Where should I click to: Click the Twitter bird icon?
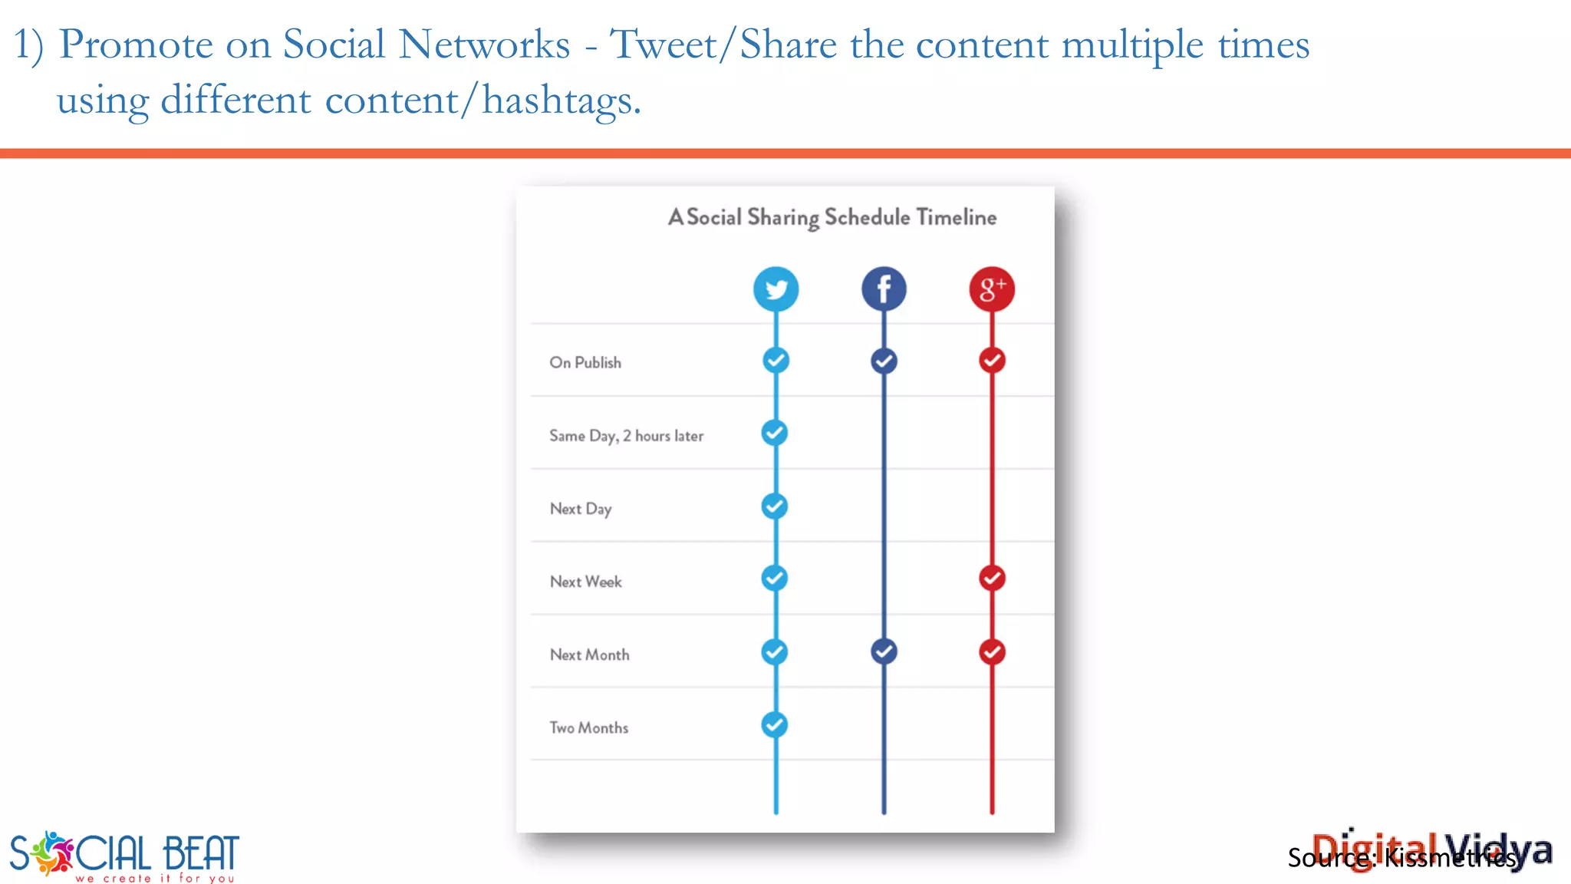pos(776,289)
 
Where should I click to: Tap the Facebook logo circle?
pos(884,289)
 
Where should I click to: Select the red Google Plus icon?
pos(992,289)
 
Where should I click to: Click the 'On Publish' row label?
pos(585,362)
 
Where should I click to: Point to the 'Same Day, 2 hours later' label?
pos(626,436)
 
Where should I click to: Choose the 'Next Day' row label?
pos(581,509)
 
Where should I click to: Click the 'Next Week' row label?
pos(586,582)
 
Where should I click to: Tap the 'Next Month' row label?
pos(589,655)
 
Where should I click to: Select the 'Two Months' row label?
pos(588,727)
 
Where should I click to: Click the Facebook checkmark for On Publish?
pos(884,361)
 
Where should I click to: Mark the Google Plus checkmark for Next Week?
pos(992,578)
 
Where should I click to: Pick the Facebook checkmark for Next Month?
pos(884,651)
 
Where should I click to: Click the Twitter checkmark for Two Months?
pos(775,724)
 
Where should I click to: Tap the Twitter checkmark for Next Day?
pos(775,506)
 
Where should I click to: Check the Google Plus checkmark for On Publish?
pos(992,360)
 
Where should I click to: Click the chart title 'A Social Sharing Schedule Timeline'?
pos(832,217)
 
